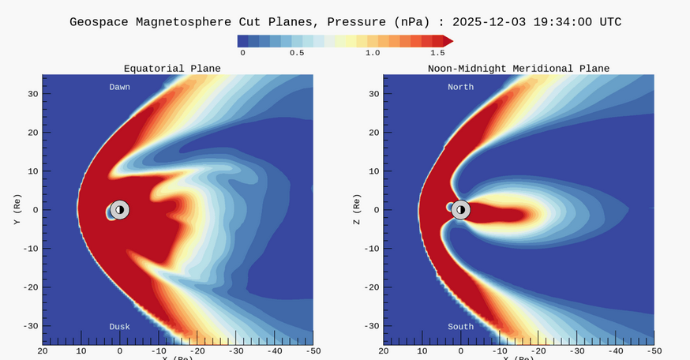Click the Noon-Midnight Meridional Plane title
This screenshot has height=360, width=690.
click(x=519, y=69)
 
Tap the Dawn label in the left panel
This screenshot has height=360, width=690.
click(x=120, y=87)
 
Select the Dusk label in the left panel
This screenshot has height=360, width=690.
click(x=120, y=326)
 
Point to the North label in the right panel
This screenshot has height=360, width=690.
click(x=461, y=87)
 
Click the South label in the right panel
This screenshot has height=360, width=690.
click(x=461, y=326)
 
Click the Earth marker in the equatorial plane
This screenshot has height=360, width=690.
click(x=119, y=209)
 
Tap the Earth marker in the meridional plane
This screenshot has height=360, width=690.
click(x=461, y=209)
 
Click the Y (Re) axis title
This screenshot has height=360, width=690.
click(x=16, y=209)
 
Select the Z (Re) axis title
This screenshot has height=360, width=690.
click(x=357, y=209)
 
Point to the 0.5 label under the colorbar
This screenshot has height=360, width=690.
click(x=297, y=53)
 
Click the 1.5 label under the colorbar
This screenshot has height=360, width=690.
click(x=437, y=53)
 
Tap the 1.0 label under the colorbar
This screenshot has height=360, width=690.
click(x=373, y=53)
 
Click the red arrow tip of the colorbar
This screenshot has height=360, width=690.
click(x=448, y=40)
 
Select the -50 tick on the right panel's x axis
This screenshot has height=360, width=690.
click(x=653, y=350)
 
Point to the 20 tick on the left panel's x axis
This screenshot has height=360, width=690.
click(x=43, y=350)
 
